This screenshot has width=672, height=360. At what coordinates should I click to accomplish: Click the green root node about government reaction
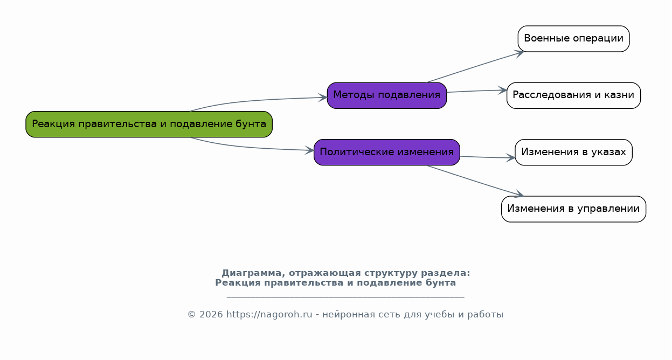pos(149,124)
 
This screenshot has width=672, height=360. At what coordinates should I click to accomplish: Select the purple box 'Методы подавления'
pos(387,95)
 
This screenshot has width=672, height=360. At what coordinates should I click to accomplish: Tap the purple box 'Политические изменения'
pos(387,152)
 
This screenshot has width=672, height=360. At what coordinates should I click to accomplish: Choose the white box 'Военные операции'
pos(573,39)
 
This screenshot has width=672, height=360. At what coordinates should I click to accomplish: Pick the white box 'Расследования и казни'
pos(573,95)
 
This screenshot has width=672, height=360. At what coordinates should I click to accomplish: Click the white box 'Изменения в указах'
pos(573,152)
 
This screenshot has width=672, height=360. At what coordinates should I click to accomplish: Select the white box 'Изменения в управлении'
pos(573,209)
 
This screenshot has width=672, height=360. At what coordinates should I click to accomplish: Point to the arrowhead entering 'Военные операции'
pos(520,53)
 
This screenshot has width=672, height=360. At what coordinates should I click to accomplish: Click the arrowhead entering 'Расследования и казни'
pos(502,91)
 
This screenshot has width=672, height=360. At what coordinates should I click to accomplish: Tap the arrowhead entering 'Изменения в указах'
pos(510,158)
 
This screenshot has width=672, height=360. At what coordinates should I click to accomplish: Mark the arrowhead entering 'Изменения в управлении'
pos(519,194)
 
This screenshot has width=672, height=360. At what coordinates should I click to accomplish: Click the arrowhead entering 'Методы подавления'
pos(322,98)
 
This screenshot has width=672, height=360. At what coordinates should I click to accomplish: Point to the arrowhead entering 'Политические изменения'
pos(309,150)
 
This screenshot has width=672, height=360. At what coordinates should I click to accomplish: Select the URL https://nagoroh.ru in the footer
pos(269,314)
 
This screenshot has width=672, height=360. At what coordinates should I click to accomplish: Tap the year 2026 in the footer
pos(211,314)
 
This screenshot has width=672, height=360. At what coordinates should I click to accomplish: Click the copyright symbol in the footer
pos(191,314)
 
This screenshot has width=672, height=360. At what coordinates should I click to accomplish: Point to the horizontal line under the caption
pos(345,297)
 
